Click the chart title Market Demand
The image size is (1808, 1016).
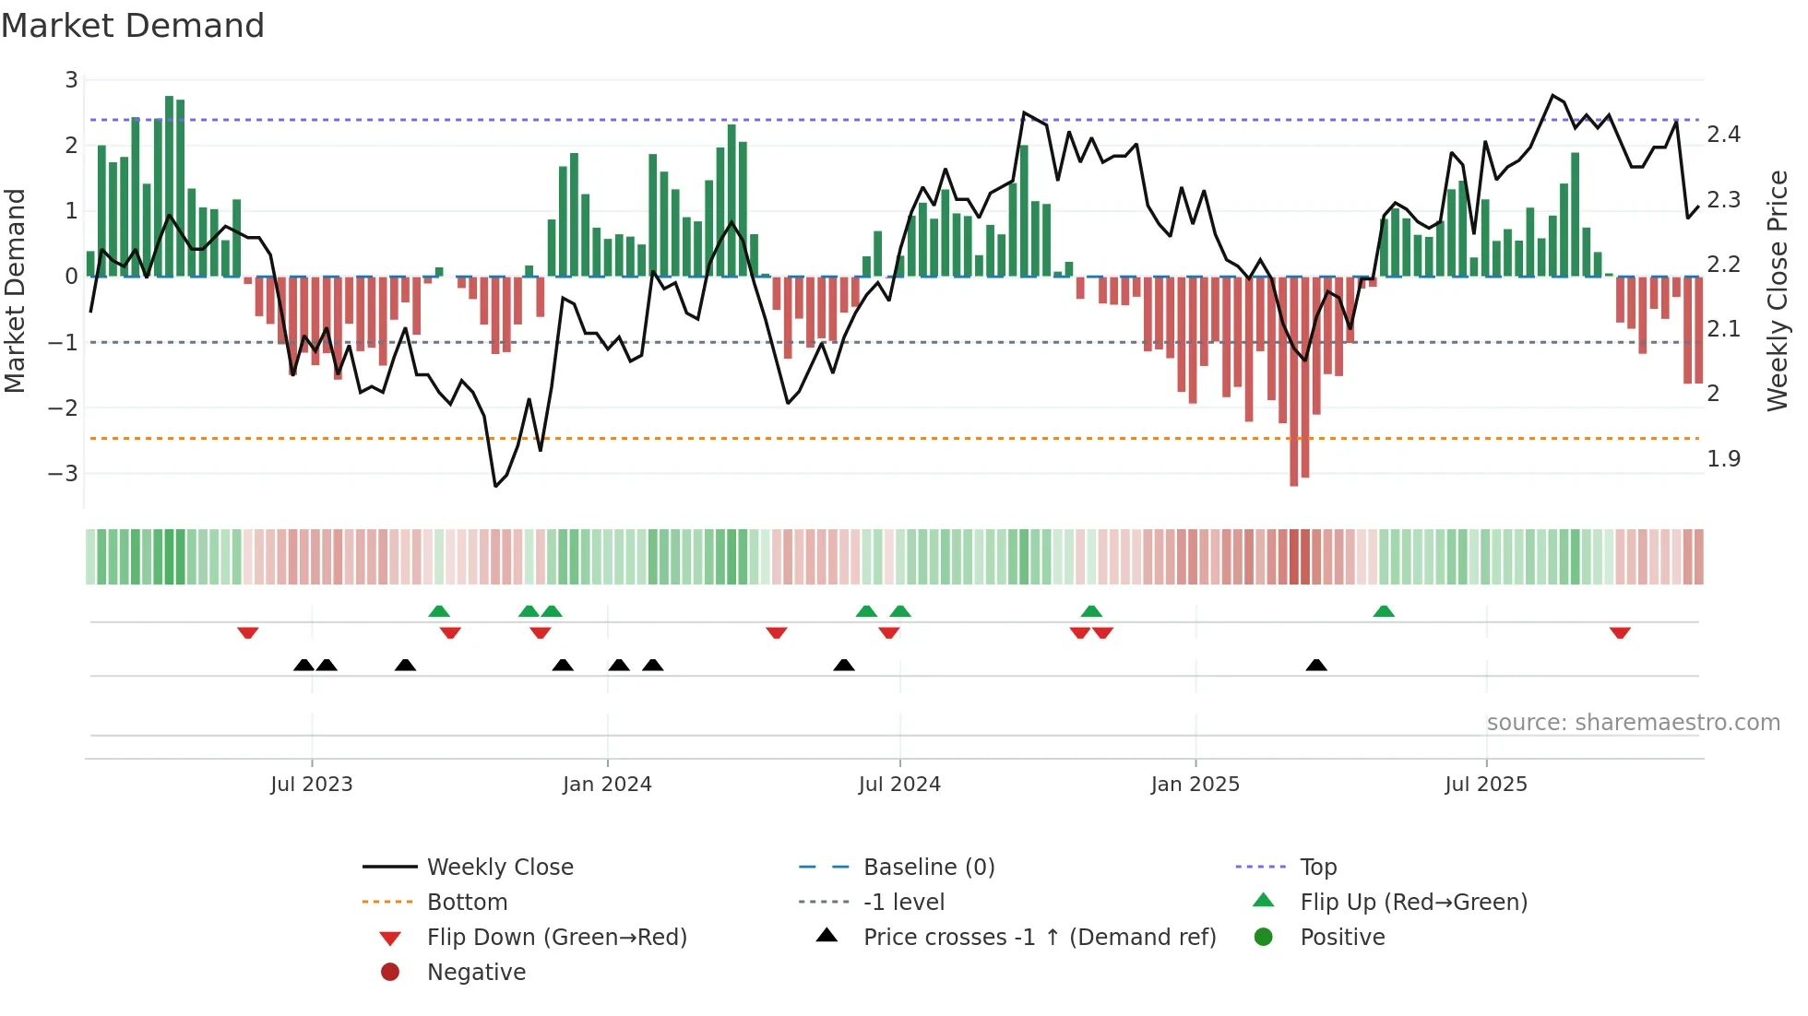click(x=133, y=25)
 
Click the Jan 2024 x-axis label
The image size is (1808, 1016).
click(x=607, y=784)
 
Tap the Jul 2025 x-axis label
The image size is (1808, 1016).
click(x=1486, y=784)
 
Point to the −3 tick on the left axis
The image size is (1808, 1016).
click(x=64, y=473)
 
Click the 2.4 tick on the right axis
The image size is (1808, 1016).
click(x=1723, y=135)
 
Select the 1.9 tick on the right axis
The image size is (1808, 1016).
click(x=1723, y=458)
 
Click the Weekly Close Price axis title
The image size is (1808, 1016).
click(x=1777, y=290)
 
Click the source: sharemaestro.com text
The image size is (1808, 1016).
click(x=1633, y=722)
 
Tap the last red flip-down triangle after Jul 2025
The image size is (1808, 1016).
click(x=1620, y=632)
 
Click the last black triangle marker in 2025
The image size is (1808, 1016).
click(x=1316, y=665)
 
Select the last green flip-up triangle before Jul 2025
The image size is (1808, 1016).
click(x=1383, y=611)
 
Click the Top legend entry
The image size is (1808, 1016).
click(x=1318, y=867)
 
